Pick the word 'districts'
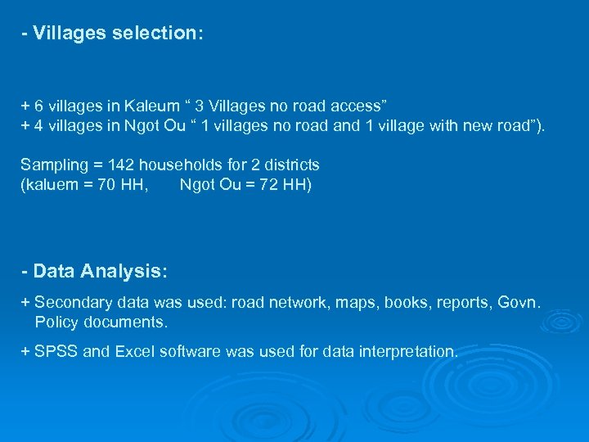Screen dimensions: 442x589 (x=290, y=165)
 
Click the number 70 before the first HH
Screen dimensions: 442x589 (x=106, y=184)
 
